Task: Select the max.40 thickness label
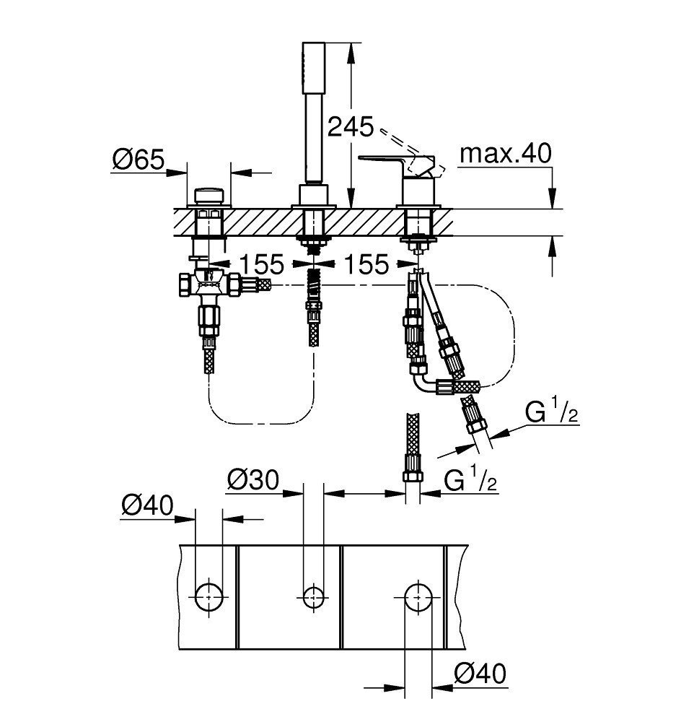[506, 153]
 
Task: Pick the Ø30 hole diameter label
[253, 479]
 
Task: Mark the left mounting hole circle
[209, 595]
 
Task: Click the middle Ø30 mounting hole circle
[312, 595]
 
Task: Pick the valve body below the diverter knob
[209, 286]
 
